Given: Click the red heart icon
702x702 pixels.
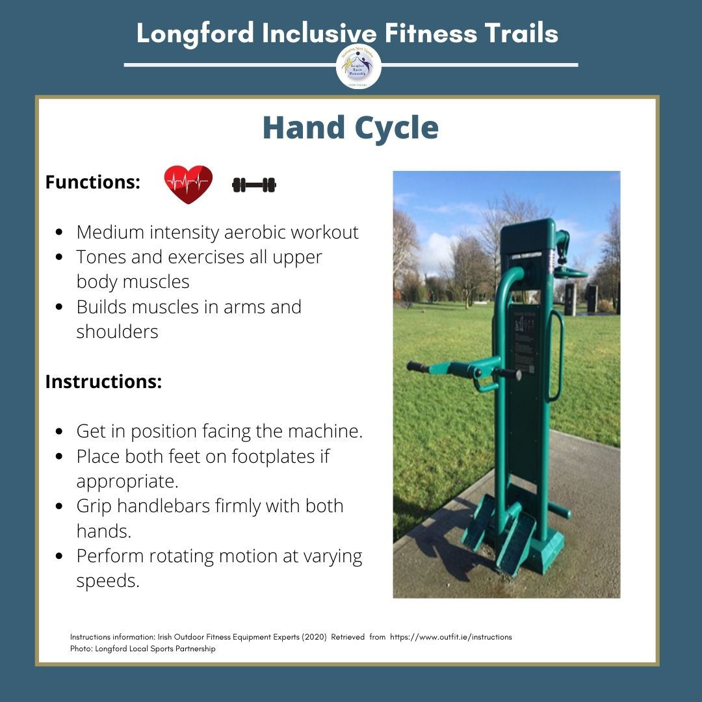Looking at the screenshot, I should pyautogui.click(x=188, y=184).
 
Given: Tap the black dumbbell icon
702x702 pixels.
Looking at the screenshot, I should pyautogui.click(x=254, y=185).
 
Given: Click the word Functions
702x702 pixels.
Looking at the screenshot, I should pyautogui.click(x=92, y=183).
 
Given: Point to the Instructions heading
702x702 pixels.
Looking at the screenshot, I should pyautogui.click(x=103, y=382).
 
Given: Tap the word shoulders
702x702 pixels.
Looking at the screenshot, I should pyautogui.click(x=117, y=331).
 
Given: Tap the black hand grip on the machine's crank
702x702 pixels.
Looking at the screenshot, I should pyautogui.click(x=419, y=367).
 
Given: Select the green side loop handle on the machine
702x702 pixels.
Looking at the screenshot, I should pyautogui.click(x=554, y=354).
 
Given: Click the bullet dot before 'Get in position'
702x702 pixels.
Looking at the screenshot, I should pyautogui.click(x=60, y=432).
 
